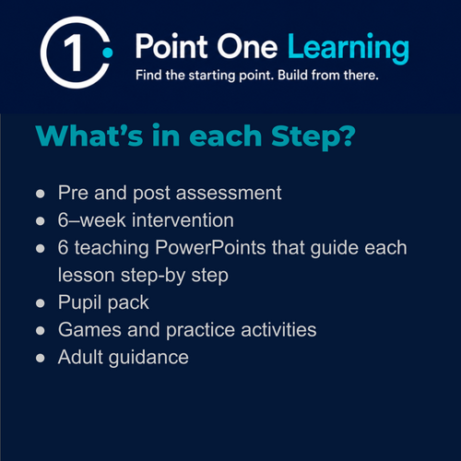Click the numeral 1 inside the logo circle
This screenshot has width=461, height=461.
pos(74,53)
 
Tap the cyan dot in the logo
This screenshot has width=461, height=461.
pos(108,53)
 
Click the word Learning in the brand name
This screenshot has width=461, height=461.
pos(349,48)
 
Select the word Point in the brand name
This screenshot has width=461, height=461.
pos(172,46)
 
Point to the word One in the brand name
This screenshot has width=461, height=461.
pos(247,47)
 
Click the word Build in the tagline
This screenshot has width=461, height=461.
pos(292,75)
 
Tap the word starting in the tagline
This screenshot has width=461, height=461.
pos(212,76)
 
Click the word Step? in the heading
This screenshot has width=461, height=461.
pos(313,137)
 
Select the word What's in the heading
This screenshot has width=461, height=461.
pos(89,136)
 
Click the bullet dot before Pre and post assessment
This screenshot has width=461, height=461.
pos(41,194)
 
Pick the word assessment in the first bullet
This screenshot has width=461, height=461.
pos(229,193)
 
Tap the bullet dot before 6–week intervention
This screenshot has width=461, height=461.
pos(41,221)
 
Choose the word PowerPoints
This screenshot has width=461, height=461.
pos(210,248)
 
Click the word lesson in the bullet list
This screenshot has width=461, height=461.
pos(87,275)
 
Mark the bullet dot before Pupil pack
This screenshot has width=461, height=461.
pos(41,303)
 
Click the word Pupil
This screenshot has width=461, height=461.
pos(80,303)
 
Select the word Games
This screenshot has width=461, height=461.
pos(89,330)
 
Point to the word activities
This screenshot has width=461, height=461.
pos(278,330)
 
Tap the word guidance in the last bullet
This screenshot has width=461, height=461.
pos(148,358)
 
